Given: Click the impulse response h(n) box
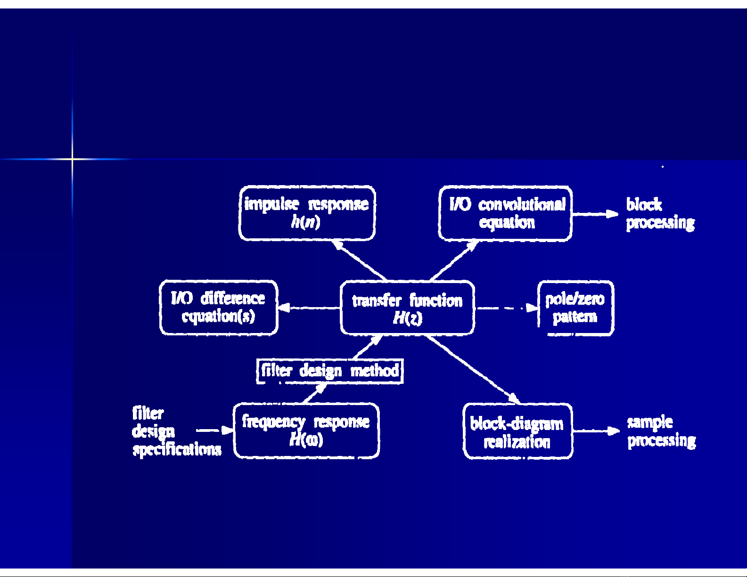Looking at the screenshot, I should [x=307, y=213].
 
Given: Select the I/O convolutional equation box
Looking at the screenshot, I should [x=505, y=213].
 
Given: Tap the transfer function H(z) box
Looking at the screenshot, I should [x=407, y=308].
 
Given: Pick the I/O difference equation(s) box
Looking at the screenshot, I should [x=219, y=308].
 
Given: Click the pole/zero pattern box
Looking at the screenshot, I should [x=575, y=308].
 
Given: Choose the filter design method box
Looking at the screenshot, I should [x=330, y=371].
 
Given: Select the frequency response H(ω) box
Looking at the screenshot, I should [x=306, y=431].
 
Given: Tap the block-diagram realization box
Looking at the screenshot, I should [x=517, y=431].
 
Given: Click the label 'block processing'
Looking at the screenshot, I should [x=660, y=213].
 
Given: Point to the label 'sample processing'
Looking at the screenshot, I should [x=661, y=431].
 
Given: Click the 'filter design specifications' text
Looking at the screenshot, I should [x=176, y=431].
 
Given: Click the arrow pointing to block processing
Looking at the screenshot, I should [x=595, y=214].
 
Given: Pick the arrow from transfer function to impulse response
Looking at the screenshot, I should [x=359, y=260].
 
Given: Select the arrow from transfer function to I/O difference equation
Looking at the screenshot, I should [x=309, y=309].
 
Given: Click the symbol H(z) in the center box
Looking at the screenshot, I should [x=407, y=318].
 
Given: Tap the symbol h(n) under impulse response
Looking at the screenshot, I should [x=306, y=221].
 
